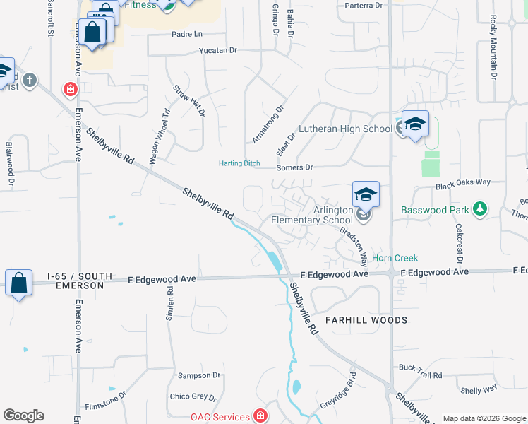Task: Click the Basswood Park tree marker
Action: [x=480, y=208]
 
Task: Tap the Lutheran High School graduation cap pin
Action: [x=415, y=124]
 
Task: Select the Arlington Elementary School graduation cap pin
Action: [x=366, y=194]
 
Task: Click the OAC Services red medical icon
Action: [x=260, y=416]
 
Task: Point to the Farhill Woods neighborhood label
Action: [x=366, y=320]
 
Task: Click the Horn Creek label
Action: [x=395, y=259]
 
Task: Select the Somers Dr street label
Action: [x=294, y=167]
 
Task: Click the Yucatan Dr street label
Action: [x=218, y=50]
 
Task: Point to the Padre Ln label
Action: [x=186, y=34]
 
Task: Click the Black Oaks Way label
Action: [x=462, y=182]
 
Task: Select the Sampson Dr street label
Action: [x=199, y=375]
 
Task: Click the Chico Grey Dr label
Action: [x=193, y=397]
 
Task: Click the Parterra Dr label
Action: [x=364, y=5]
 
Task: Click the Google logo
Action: [x=23, y=416]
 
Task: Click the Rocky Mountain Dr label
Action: [x=493, y=47]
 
